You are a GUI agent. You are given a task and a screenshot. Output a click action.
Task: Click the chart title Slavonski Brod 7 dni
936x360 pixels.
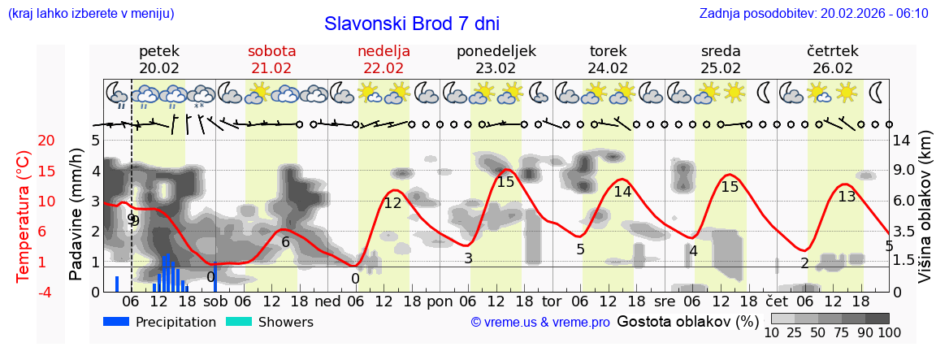(411, 23)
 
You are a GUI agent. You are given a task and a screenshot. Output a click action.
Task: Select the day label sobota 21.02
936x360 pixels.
(271, 59)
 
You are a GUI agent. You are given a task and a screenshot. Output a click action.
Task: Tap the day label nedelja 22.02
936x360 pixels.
(383, 59)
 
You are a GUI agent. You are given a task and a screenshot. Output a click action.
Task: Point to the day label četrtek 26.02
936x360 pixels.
(833, 59)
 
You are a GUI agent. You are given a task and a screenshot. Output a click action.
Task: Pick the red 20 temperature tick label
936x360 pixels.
(24, 141)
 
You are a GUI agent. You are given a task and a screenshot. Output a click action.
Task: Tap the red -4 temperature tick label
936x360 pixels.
(24, 292)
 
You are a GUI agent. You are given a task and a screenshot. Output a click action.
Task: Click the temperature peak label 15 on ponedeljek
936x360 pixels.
(505, 182)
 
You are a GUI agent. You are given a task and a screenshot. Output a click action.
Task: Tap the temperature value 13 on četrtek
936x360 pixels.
(847, 196)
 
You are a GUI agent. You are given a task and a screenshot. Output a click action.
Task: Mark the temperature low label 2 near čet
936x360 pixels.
(804, 262)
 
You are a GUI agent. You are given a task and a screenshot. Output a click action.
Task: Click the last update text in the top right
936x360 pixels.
(813, 14)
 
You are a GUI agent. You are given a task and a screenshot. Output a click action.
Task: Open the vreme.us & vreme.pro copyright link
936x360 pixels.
(540, 323)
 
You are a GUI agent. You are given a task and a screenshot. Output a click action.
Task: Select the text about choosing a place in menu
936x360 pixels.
(91, 14)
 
